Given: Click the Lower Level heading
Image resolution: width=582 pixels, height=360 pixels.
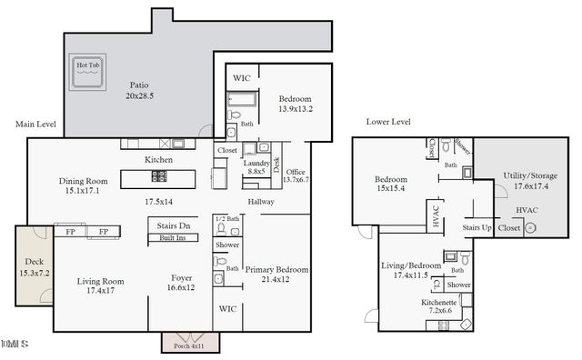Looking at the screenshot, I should pyautogui.click(x=388, y=121).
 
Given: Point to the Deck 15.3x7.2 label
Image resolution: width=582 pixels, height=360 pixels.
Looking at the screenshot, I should pyautogui.click(x=34, y=267).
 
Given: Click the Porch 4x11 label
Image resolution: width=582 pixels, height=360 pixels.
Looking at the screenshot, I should pyautogui.click(x=187, y=345).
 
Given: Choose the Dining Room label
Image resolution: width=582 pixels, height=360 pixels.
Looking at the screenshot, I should pyautogui.click(x=84, y=185).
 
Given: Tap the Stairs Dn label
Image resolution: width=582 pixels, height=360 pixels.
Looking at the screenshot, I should pyautogui.click(x=173, y=225).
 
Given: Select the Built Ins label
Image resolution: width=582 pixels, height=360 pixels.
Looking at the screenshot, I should pyautogui.click(x=174, y=238).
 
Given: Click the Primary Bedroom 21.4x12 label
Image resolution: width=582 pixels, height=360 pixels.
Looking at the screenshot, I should pyautogui.click(x=276, y=275).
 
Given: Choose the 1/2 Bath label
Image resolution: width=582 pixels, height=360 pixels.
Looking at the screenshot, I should pyautogui.click(x=226, y=220).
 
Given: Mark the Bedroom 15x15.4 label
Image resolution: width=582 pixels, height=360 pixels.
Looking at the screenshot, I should pyautogui.click(x=391, y=185).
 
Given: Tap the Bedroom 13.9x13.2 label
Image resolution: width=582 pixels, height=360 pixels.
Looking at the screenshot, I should pyautogui.click(x=295, y=103).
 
